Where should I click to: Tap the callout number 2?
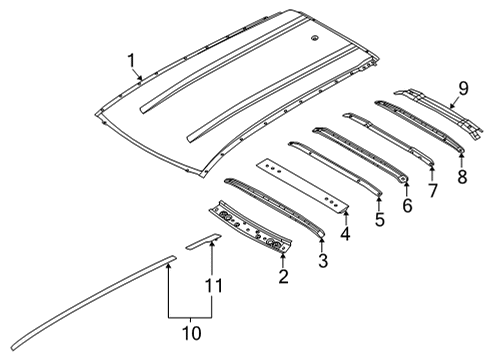283,275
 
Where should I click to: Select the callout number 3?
322,261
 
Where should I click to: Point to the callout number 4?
345,235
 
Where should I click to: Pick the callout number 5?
378,219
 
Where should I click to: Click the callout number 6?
406,206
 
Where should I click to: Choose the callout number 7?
433,189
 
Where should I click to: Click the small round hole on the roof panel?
315,39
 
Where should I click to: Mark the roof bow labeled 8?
420,125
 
